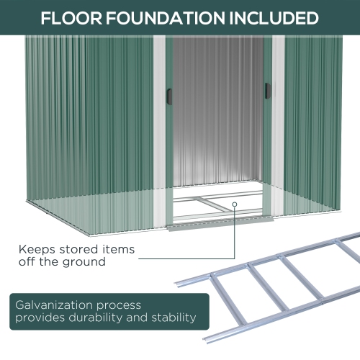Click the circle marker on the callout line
235,204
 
